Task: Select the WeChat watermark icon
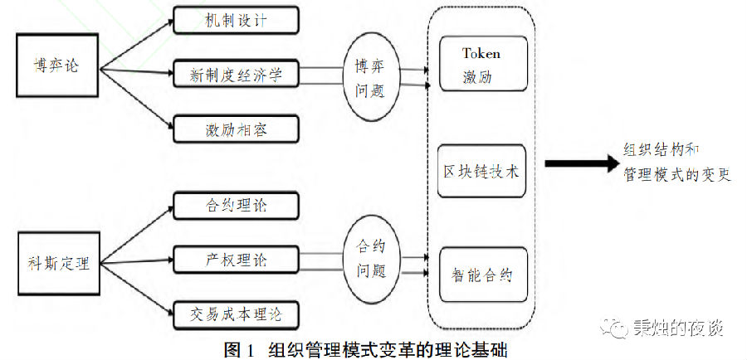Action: tap(618, 328)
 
